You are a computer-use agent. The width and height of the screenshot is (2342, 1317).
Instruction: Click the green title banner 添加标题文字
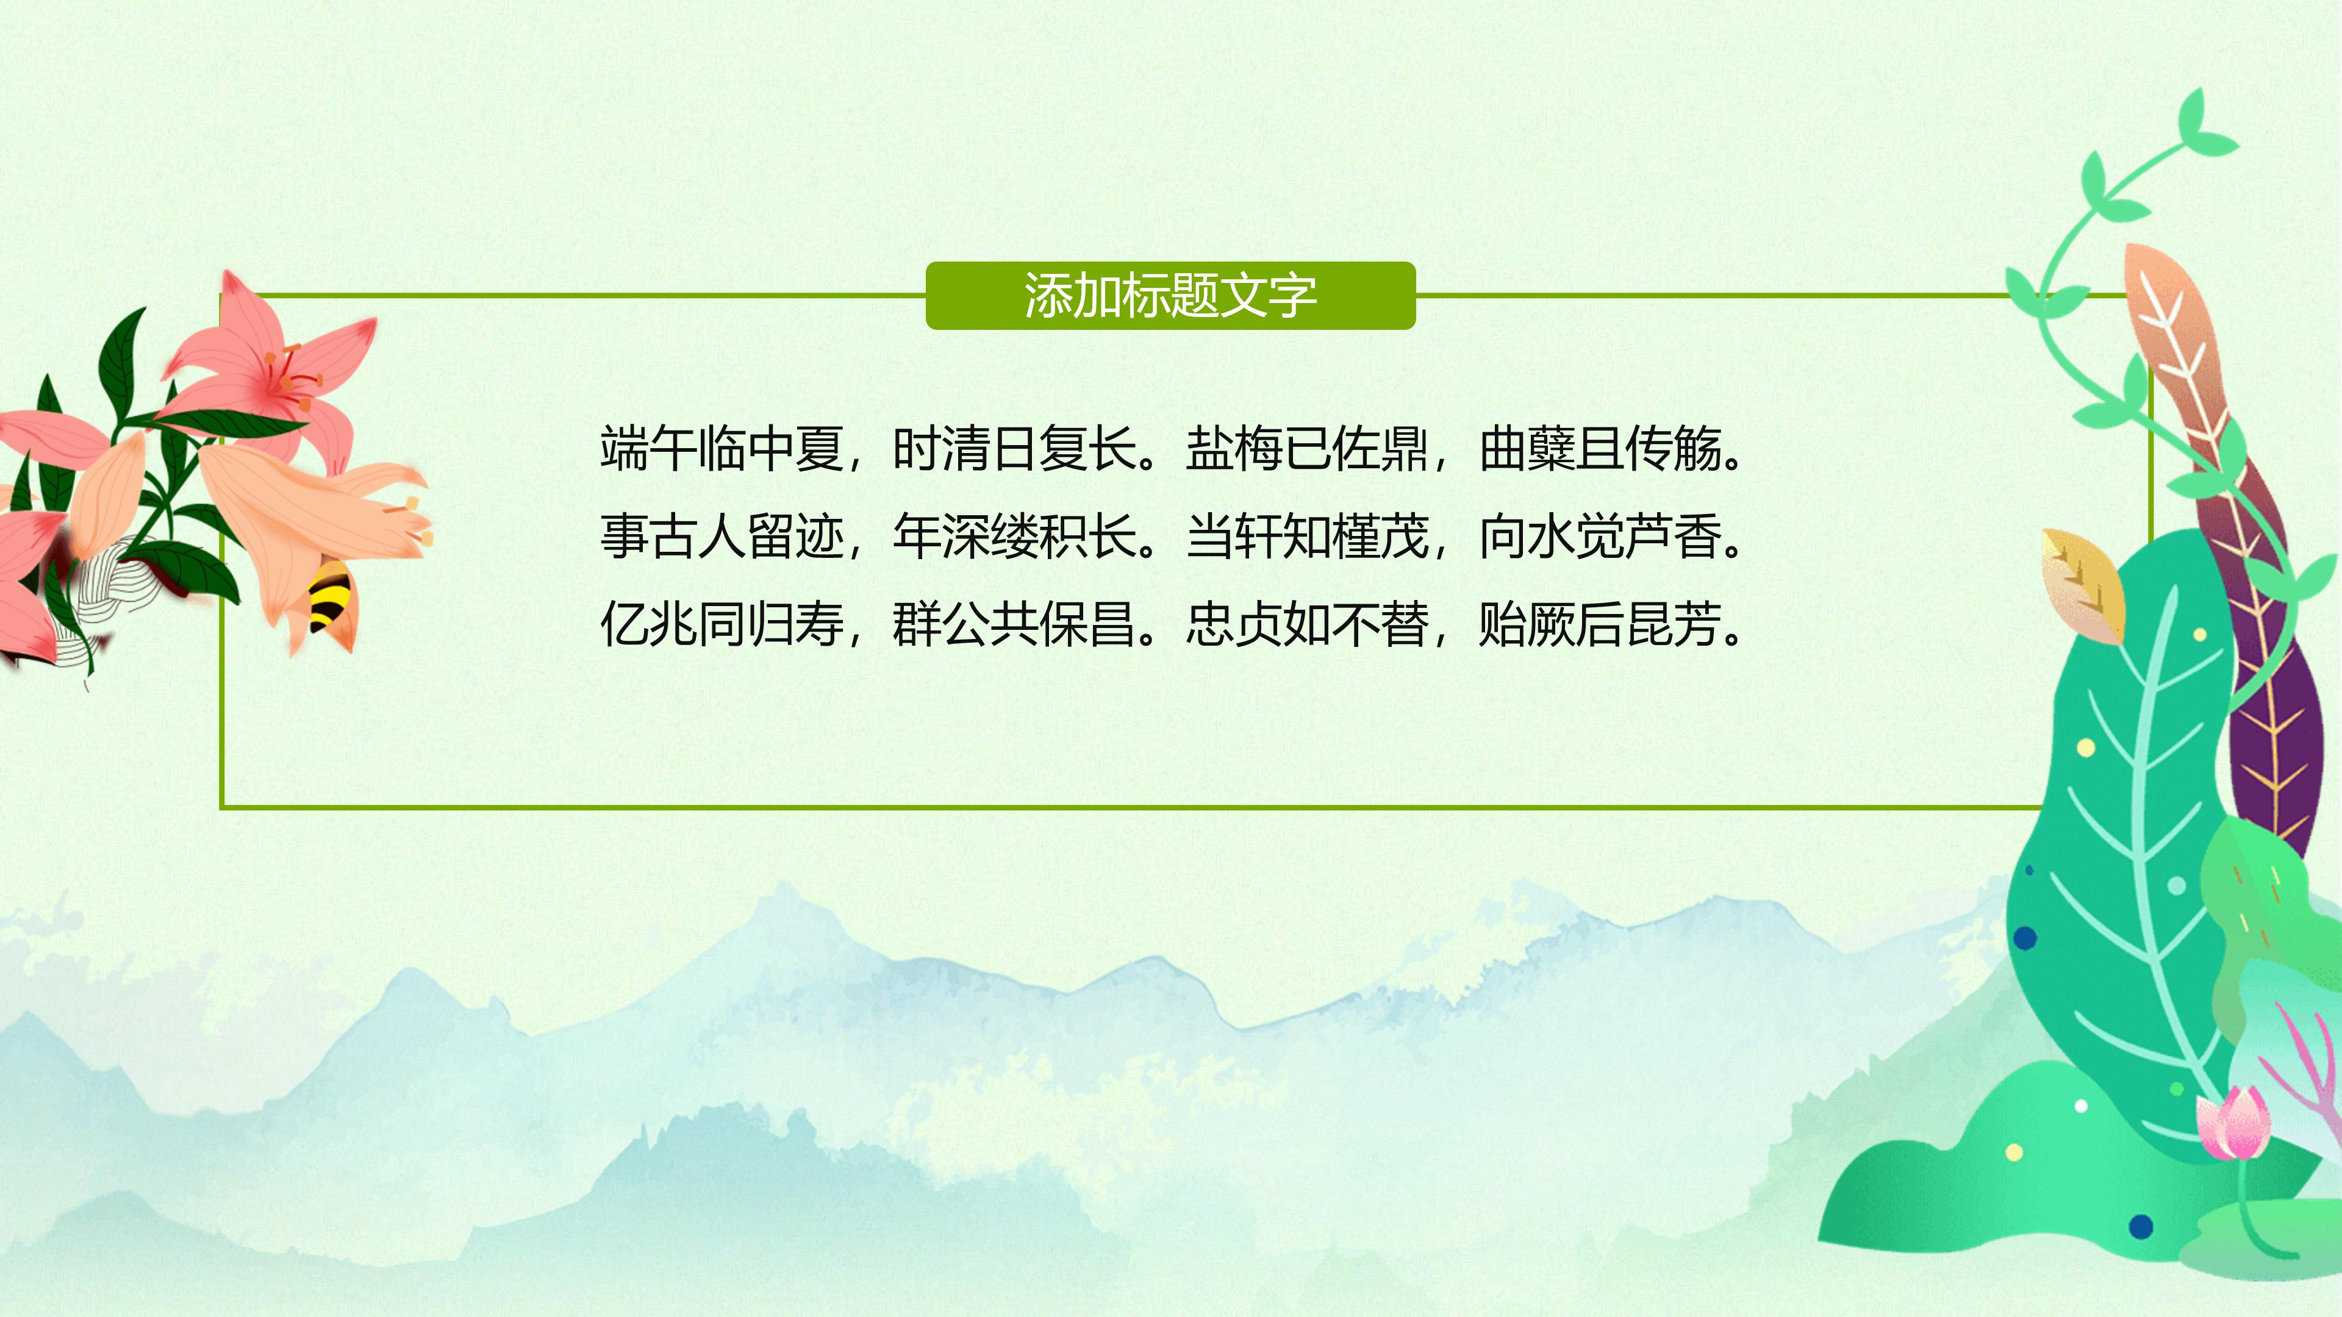pos(1170,295)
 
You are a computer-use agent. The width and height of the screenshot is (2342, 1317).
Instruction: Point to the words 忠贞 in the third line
pos(1234,624)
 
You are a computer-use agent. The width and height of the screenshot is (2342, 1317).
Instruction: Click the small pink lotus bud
pos(2233,1123)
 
